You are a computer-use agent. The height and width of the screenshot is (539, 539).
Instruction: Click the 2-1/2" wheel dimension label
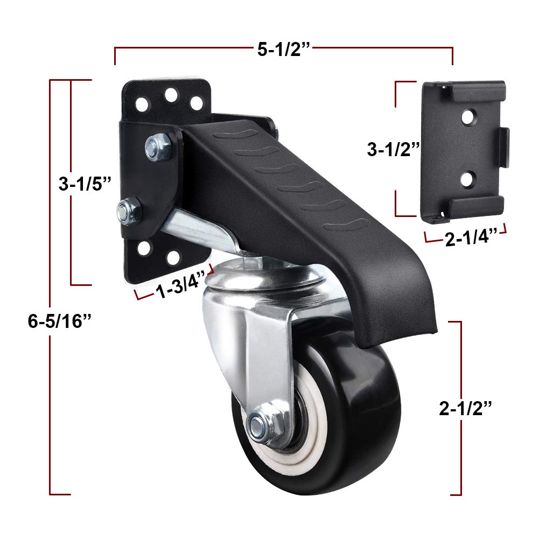point(466,409)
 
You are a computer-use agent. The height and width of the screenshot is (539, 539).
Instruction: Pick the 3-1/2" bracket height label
point(394,149)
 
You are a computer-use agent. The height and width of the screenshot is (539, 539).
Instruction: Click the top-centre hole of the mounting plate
point(171,95)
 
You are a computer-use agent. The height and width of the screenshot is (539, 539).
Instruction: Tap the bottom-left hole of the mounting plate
point(144,248)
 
